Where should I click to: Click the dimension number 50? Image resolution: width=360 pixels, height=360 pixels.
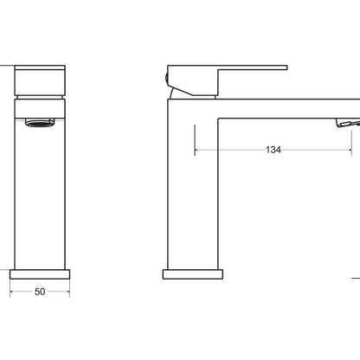[40, 292]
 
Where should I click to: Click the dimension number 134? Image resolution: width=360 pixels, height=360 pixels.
[273, 150]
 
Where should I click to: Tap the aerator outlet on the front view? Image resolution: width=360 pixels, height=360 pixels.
[40, 123]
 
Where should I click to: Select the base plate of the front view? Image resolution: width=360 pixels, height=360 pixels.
[40, 274]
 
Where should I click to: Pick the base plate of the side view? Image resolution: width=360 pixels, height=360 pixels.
[193, 274]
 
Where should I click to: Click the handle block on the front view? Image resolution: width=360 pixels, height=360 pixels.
[40, 80]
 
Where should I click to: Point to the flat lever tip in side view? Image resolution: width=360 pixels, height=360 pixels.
[285, 67]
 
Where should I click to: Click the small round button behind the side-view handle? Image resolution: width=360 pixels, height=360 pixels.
[166, 79]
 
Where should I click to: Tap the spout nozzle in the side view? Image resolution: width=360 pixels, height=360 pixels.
[348, 123]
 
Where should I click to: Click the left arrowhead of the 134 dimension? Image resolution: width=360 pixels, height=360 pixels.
[196, 150]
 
